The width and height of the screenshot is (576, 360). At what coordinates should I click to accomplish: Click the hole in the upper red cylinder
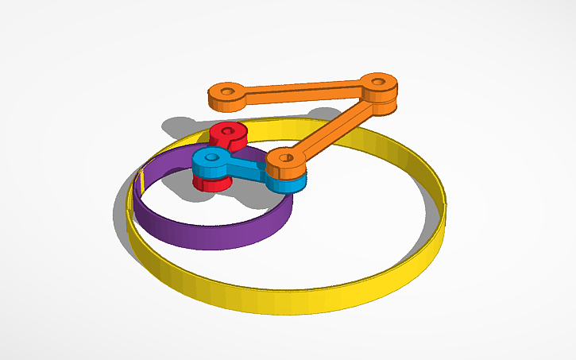[x=229, y=130]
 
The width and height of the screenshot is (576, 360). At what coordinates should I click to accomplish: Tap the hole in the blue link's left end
[x=212, y=156]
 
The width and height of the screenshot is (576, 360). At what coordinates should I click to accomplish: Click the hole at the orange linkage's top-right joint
[x=379, y=80]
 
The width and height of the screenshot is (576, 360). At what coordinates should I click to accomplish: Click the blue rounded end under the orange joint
[x=290, y=184]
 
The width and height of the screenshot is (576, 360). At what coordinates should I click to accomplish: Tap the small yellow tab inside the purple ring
[x=141, y=181]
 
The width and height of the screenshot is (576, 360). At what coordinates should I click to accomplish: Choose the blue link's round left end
[x=208, y=164]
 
